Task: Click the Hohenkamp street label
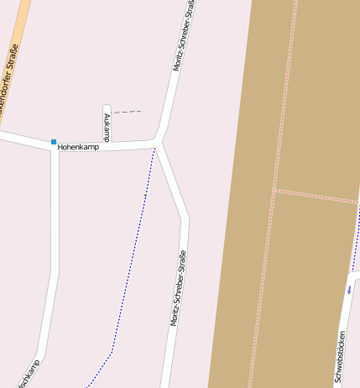coord(78,147)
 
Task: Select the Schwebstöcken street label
coord(342,358)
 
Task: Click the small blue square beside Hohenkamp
coord(54,142)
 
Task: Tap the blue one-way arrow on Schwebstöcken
coord(349,291)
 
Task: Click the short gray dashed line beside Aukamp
coord(127,111)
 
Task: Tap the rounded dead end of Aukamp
coord(107,107)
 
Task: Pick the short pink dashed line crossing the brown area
coord(316,197)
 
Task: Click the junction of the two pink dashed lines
coord(274,191)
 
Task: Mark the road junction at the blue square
coord(55,149)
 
